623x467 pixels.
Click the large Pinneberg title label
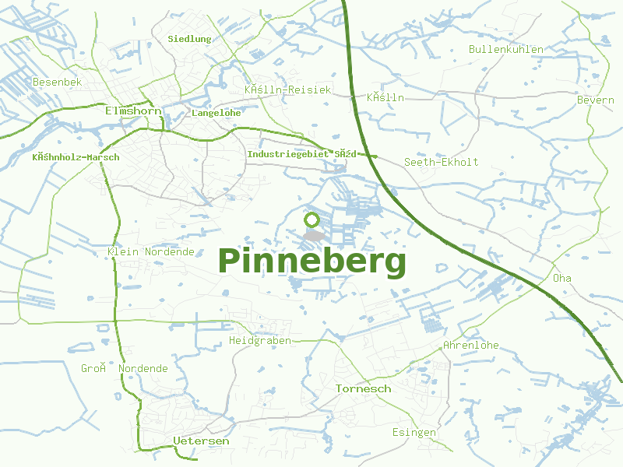pos(311,262)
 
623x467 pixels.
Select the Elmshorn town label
pos(133,111)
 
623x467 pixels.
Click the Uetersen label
pos(201,441)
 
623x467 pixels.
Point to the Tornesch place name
pos(363,388)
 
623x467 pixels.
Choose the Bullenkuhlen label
pos(506,50)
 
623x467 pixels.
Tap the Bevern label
pos(595,100)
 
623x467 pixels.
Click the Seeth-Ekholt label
pos(441,162)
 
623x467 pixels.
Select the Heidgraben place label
pos(260,341)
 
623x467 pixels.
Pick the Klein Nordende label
pos(151,252)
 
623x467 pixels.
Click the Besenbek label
pos(57,82)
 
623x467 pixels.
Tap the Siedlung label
pos(189,38)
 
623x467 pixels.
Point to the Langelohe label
pos(216,113)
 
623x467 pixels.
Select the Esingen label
pos(414,432)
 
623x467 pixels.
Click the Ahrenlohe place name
pos(470,345)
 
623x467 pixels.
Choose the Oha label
pos(561,278)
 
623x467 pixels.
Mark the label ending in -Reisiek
pos(287,90)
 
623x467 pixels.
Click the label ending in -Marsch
pos(76,157)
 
